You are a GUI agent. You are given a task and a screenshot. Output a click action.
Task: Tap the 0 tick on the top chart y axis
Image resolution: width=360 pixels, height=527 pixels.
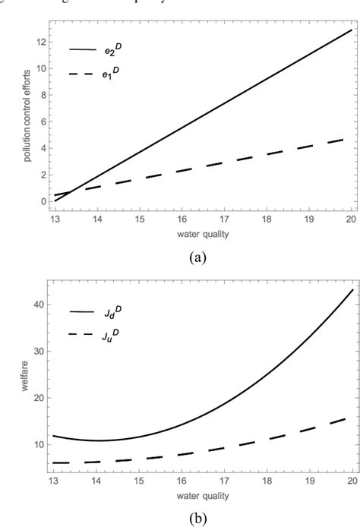coord(39,201)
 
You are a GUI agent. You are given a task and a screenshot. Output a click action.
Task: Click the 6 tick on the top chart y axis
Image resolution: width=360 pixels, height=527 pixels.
coord(39,121)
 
